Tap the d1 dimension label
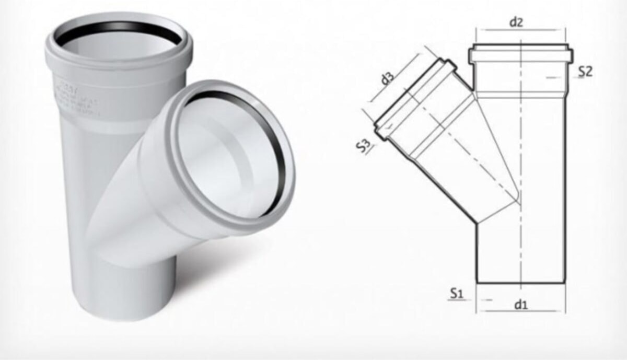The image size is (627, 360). (520, 304)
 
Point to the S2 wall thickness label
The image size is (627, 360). (585, 72)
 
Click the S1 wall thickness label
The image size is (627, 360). (457, 294)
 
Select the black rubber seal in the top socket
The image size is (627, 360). (119, 26)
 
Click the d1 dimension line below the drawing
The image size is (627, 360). (520, 311)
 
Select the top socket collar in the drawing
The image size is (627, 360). (520, 54)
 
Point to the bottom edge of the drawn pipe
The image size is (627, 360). (521, 283)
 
